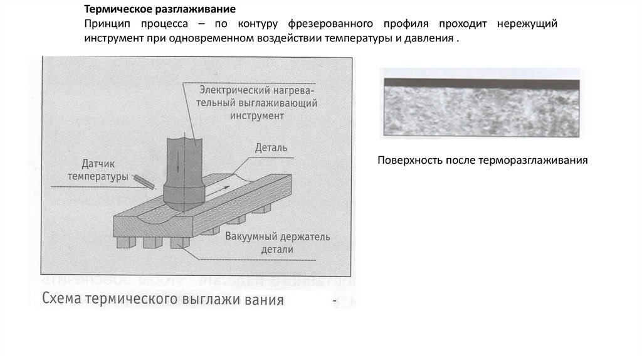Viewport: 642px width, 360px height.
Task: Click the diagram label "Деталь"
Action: (271, 149)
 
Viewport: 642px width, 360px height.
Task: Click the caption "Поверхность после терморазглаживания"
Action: (482, 160)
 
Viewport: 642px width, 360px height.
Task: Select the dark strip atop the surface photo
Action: (480, 83)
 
